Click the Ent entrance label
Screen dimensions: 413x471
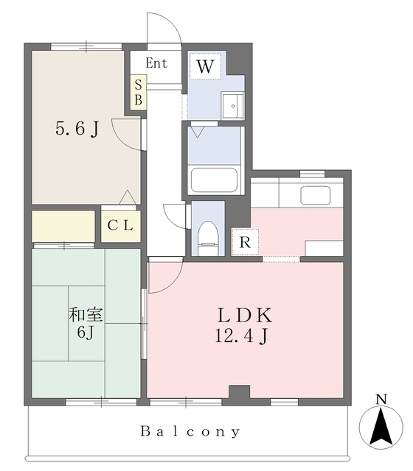(156, 63)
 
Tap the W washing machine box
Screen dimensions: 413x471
(205, 66)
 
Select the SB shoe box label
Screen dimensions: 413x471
(139, 92)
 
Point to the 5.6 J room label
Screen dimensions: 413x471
(77, 130)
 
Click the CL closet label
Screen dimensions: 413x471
(120, 225)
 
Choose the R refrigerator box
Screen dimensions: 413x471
(245, 242)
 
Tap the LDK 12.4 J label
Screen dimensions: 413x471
(243, 325)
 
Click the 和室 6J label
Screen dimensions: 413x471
(86, 324)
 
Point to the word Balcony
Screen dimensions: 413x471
(190, 432)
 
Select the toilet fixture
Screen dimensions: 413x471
(208, 238)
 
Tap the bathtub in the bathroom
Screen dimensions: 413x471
(214, 180)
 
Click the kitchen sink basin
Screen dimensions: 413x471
(315, 195)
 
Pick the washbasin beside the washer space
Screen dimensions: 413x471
(232, 106)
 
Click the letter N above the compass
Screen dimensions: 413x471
(381, 400)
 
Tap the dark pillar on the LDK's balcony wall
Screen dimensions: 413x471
(239, 392)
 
